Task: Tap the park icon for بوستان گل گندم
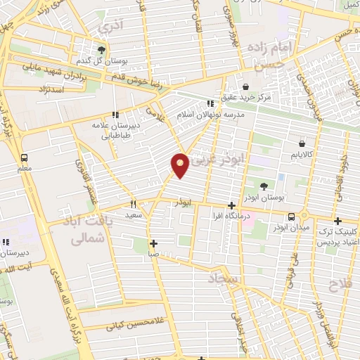click(x=102, y=49)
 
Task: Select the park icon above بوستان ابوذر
click(x=264, y=186)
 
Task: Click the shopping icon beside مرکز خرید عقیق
click(x=245, y=86)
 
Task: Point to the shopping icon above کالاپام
click(x=302, y=143)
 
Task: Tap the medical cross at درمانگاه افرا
click(x=231, y=205)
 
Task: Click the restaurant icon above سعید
click(x=133, y=205)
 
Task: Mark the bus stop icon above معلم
click(x=25, y=157)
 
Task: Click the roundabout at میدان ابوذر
click(x=304, y=216)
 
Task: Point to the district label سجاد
click(x=224, y=280)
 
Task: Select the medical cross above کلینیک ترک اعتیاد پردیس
click(x=338, y=221)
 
